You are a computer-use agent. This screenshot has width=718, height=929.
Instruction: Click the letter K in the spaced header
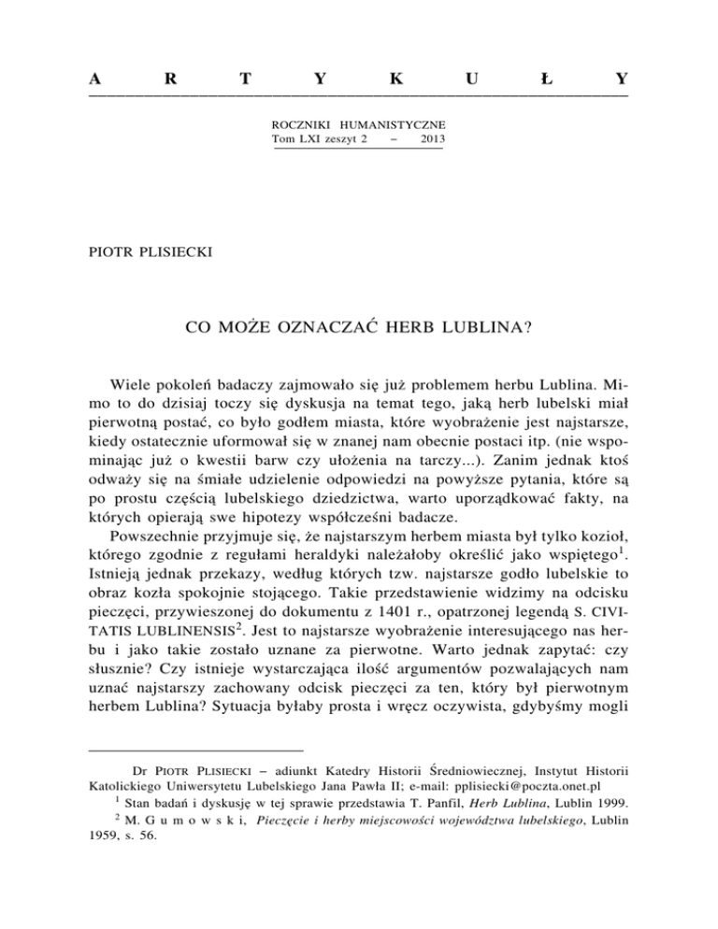[397, 80]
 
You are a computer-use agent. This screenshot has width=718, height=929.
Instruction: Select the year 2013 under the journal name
[432, 138]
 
